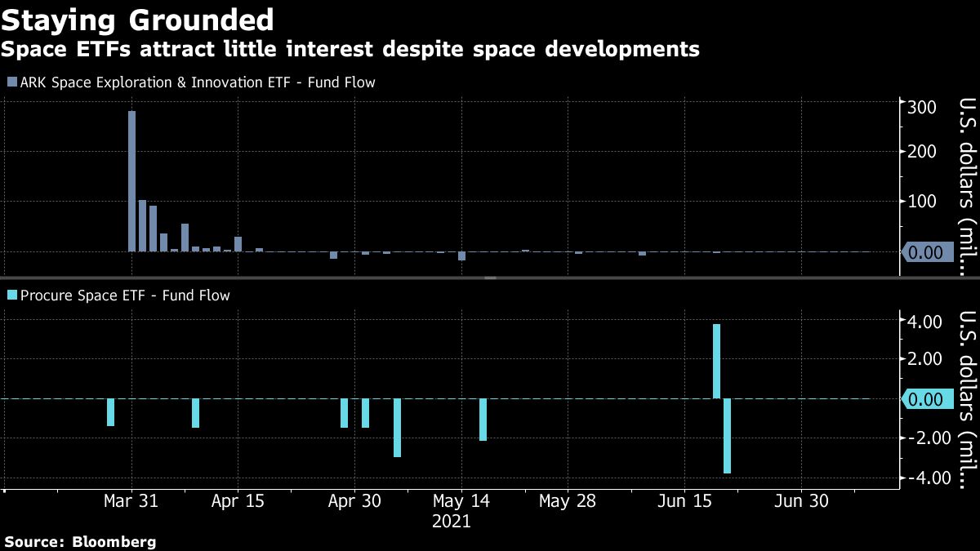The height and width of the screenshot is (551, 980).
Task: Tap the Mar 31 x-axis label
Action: (x=131, y=501)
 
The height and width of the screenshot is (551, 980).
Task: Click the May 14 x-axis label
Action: (x=461, y=501)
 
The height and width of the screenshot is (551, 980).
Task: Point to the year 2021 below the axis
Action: (x=451, y=522)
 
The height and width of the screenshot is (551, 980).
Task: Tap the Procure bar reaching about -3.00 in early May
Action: (x=397, y=428)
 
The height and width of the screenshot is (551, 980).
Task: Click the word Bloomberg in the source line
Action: (x=114, y=542)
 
